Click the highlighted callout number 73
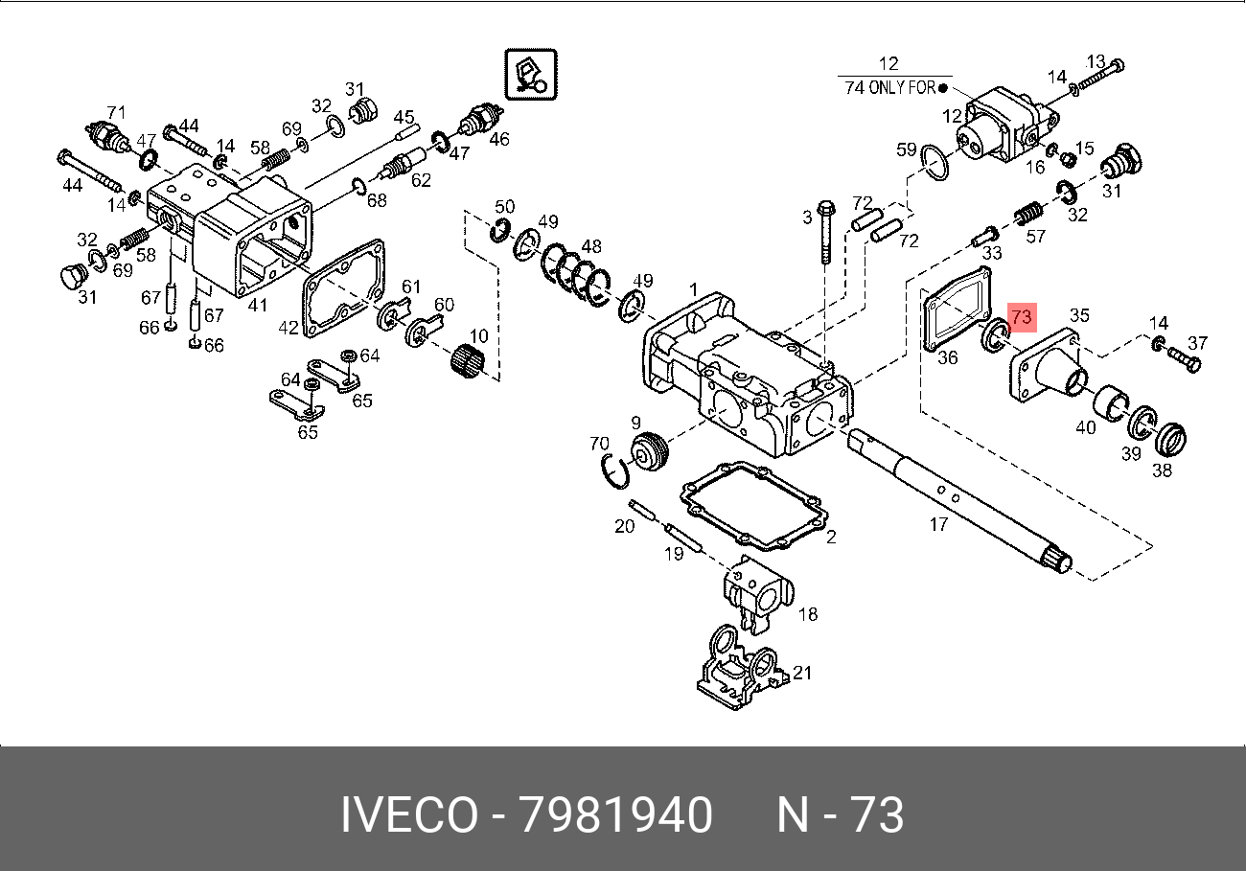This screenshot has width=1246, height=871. [x=1022, y=317]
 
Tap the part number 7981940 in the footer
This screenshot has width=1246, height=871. [x=615, y=814]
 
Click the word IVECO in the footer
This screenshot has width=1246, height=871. [x=409, y=814]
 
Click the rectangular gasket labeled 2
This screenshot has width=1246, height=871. [x=754, y=505]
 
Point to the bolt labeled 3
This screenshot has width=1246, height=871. [x=826, y=231]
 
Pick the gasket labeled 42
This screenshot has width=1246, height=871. [x=344, y=288]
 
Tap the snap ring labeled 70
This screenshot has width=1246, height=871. [x=615, y=471]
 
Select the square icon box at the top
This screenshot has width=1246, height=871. [x=531, y=75]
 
